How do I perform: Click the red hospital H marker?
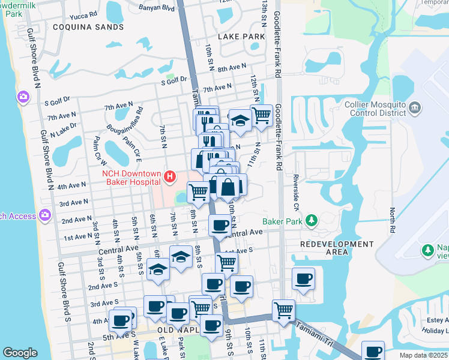[170, 177]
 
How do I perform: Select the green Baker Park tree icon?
[311, 221]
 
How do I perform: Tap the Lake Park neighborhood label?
[241, 37]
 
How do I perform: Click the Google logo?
[20, 353]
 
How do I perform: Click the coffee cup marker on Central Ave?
[219, 226]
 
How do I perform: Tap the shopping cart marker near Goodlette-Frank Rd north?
[261, 114]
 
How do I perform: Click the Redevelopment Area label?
[336, 248]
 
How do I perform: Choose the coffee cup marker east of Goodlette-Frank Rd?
[303, 278]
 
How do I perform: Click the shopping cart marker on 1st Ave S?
[226, 262]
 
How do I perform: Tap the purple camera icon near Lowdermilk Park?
[23, 97]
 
